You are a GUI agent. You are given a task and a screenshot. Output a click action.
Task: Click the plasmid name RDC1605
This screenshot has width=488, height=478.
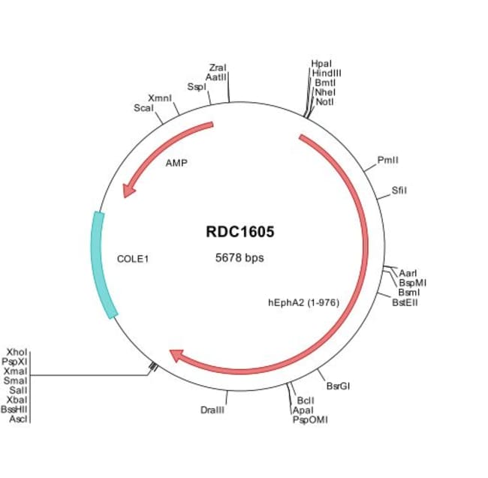240,233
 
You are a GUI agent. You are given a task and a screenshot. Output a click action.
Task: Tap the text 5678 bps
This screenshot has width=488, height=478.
239,257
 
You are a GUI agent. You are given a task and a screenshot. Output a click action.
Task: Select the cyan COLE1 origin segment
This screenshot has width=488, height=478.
103,265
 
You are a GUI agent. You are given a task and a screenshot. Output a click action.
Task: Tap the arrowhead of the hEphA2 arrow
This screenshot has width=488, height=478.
176,354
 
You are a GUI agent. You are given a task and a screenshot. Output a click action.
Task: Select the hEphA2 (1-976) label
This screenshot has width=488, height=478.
304,303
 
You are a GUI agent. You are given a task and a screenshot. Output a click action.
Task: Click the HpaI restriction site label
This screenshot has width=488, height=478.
321,65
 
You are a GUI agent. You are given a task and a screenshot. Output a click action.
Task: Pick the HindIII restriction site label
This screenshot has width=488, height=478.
327,74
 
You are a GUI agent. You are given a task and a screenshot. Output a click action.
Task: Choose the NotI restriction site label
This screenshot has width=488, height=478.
325,101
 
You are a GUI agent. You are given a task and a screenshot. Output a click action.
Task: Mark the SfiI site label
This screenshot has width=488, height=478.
399,191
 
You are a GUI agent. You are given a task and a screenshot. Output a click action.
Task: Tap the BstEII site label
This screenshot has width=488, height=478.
405,302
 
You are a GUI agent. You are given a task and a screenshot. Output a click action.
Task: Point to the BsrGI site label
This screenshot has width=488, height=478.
339,386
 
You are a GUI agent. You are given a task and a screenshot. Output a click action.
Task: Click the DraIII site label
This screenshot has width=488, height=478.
213,410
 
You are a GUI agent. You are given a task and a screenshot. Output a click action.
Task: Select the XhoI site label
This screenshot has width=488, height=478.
17,351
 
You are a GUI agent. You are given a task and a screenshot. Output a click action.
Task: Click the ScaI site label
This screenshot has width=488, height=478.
143,108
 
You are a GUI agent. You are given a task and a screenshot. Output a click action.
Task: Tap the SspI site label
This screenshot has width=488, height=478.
197,86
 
